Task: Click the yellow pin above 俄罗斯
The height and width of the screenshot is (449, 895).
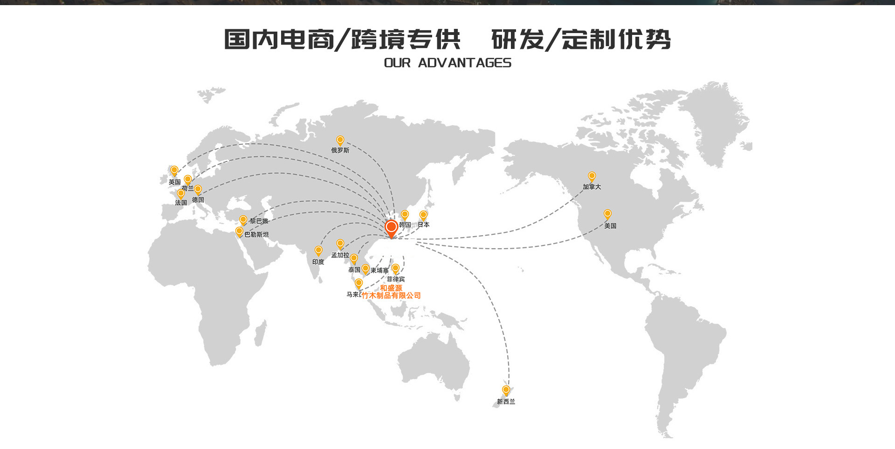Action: click(340, 140)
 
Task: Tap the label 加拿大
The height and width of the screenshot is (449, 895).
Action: click(592, 187)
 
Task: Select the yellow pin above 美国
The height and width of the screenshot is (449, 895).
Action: click(607, 214)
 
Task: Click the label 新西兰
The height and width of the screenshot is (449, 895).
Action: click(506, 401)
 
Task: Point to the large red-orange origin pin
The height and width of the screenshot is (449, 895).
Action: click(391, 228)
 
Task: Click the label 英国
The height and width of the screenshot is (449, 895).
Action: click(174, 182)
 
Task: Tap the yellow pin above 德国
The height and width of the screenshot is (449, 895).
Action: click(198, 189)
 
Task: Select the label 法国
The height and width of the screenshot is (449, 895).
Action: click(181, 203)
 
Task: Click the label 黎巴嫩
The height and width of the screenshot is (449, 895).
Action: click(259, 221)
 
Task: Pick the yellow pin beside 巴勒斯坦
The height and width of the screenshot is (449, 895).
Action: click(239, 231)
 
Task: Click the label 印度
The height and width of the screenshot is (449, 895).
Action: click(318, 262)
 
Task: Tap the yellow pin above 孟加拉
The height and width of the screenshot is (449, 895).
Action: click(340, 244)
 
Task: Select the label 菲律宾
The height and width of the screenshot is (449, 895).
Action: click(396, 279)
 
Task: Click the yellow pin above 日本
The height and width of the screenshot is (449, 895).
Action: click(423, 215)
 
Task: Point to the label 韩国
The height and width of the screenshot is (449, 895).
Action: click(405, 225)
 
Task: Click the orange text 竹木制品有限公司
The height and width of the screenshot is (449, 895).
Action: click(391, 295)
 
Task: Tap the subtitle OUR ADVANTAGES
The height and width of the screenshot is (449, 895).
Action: click(447, 63)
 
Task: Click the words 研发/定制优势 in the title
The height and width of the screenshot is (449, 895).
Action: click(581, 39)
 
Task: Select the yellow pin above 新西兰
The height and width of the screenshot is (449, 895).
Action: click(506, 390)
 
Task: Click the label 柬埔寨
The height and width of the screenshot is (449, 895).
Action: click(379, 271)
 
